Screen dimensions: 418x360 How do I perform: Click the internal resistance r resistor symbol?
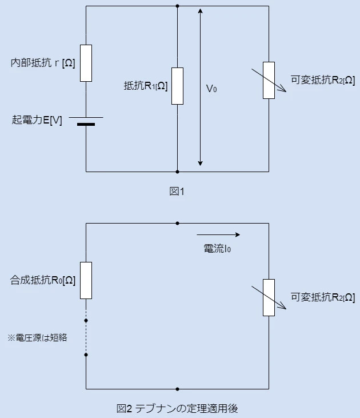coord(86,63)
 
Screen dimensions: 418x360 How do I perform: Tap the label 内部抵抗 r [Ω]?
coord(43,63)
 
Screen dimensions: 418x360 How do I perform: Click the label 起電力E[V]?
coord(37,120)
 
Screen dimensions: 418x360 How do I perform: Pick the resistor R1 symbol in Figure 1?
coord(178,86)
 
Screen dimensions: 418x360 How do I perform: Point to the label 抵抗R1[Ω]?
coord(146,86)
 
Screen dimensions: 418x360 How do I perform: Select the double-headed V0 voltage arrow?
coord(200,86)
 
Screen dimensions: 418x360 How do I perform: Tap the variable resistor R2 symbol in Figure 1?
coord(269,80)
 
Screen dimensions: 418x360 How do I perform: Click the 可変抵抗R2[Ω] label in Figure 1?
coord(323,81)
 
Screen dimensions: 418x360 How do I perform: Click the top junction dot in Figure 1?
coord(178,6)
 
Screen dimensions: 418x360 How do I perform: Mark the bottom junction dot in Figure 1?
coord(178,172)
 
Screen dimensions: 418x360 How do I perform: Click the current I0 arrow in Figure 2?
coord(218,234)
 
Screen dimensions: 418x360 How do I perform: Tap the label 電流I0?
coord(217,249)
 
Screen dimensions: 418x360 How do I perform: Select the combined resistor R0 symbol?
coord(86,280)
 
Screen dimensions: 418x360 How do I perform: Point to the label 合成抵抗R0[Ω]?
coord(43,280)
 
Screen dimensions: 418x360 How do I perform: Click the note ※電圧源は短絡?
coord(37,337)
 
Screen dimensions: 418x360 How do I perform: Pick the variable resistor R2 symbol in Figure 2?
coord(269,297)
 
